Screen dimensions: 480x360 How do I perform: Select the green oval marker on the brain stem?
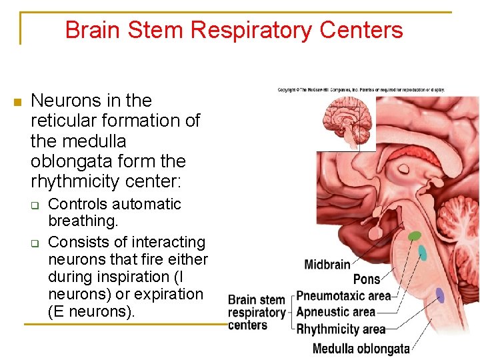(415, 235)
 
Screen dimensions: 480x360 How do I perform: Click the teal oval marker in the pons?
(422, 253)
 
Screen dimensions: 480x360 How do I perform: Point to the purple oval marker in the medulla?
(440, 295)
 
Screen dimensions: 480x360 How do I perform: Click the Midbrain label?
(327, 265)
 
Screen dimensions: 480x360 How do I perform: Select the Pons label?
(366, 279)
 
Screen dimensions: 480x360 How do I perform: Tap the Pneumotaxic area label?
(343, 295)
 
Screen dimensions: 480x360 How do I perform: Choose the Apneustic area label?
(335, 311)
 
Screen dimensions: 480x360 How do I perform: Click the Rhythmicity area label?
(341, 329)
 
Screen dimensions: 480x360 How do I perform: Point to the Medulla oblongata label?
(361, 348)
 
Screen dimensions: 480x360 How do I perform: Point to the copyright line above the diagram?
(361, 90)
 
